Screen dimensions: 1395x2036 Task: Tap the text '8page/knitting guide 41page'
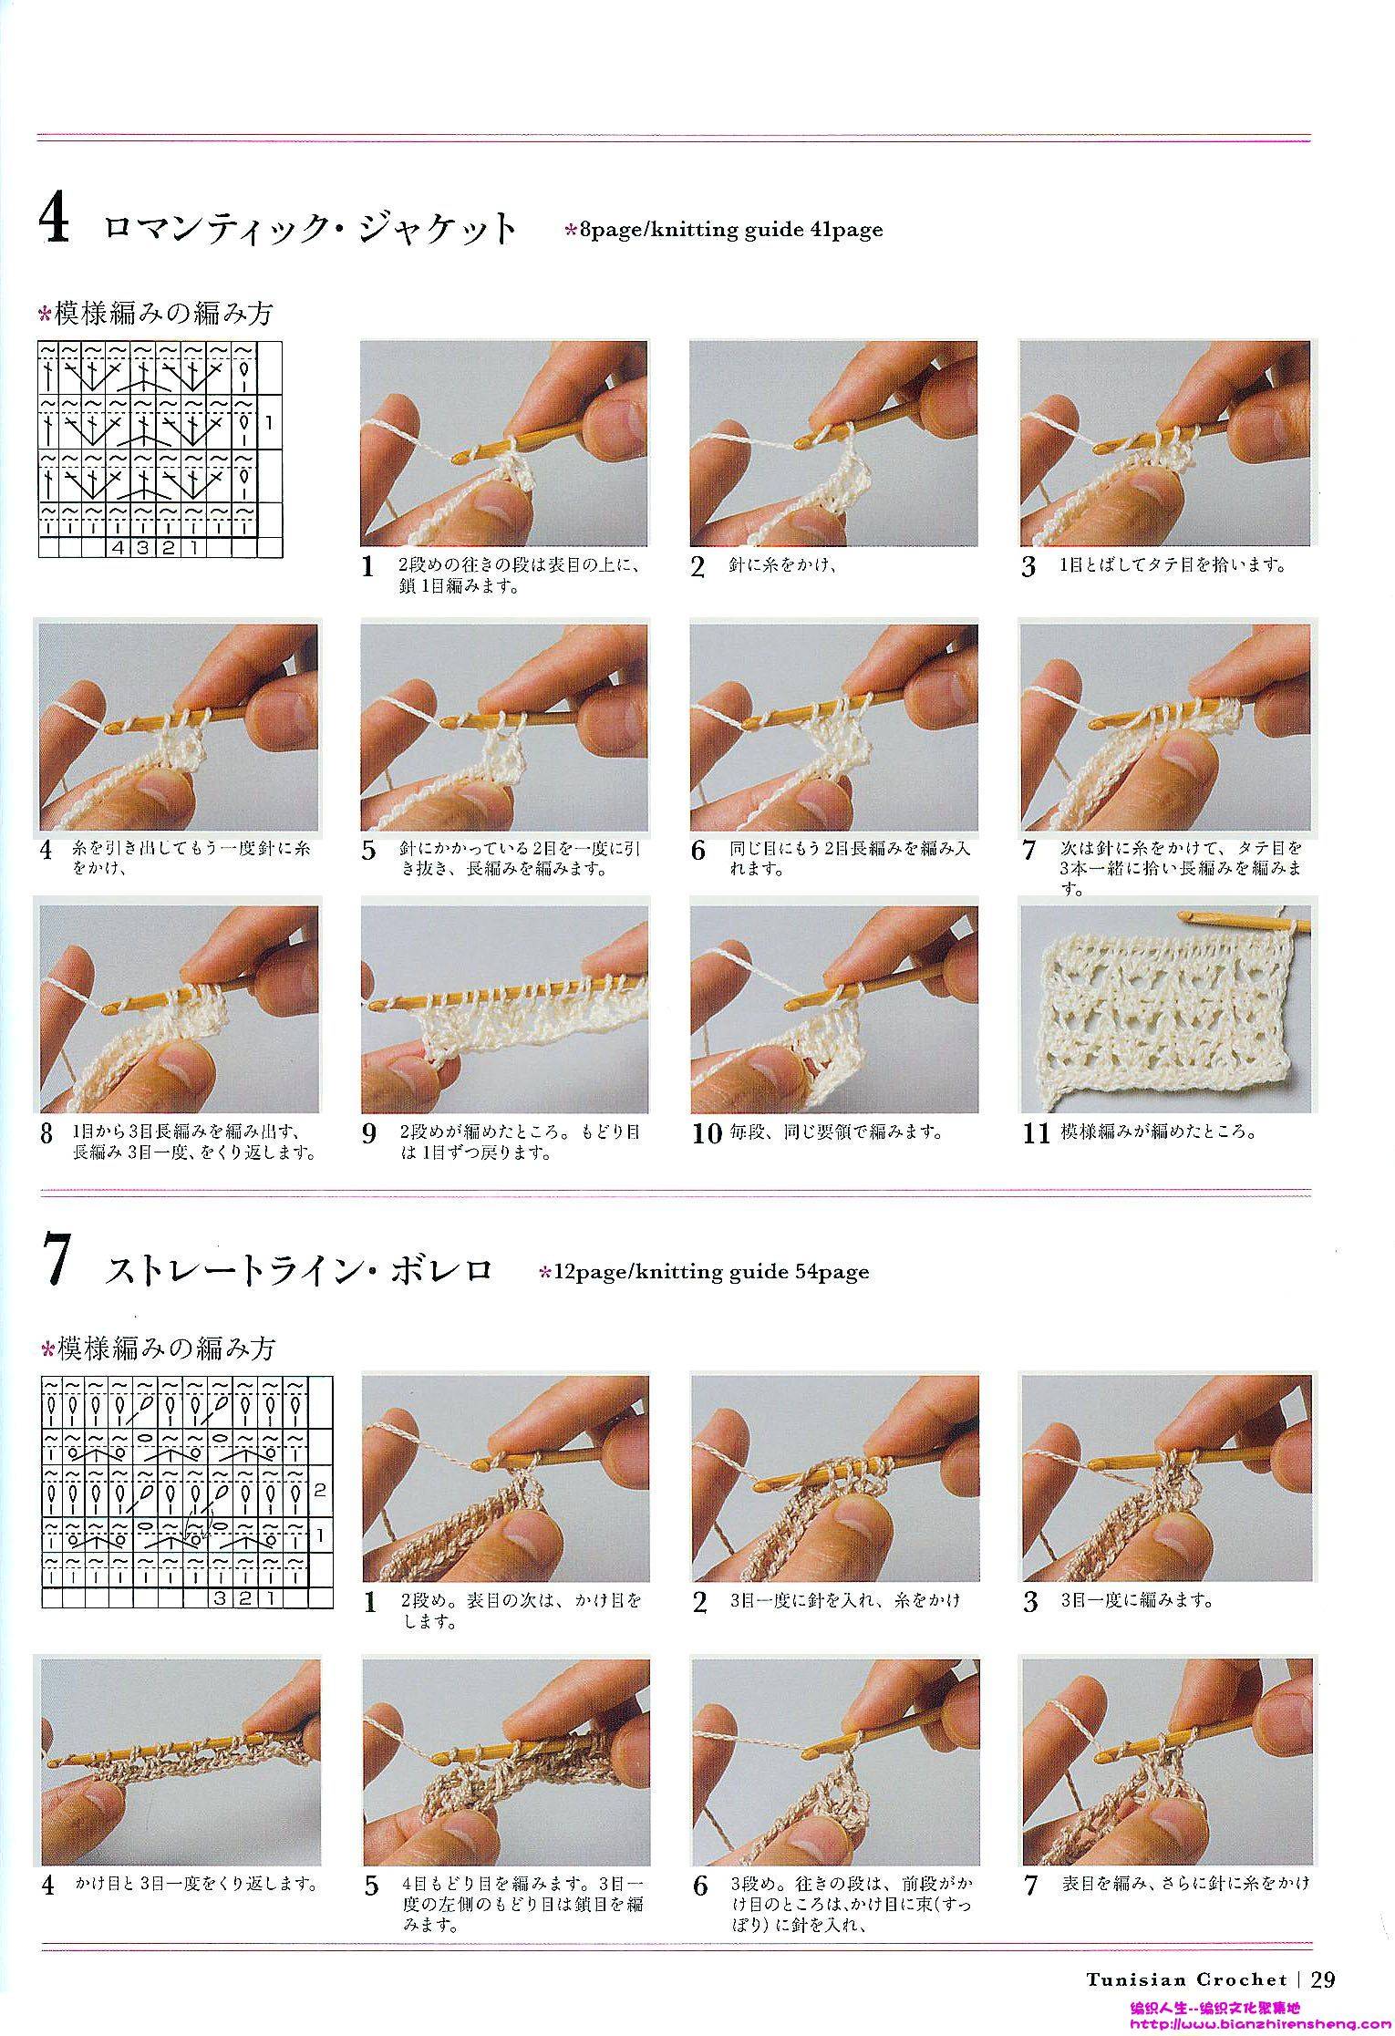point(732,229)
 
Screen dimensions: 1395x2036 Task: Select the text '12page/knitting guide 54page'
point(711,1272)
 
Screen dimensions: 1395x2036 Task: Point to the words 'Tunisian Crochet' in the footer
point(1186,1979)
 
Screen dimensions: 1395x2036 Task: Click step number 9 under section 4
point(369,1134)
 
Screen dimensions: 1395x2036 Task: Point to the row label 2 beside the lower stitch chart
point(319,1491)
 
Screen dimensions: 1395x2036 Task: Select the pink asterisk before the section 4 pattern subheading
point(45,316)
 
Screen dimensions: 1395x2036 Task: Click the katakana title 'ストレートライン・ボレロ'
point(299,1271)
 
